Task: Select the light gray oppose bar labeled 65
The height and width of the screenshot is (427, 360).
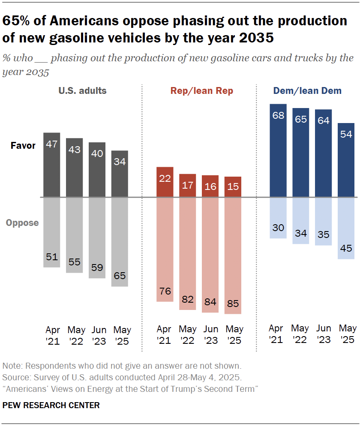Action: (x=120, y=242)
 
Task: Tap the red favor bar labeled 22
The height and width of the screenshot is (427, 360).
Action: (x=165, y=182)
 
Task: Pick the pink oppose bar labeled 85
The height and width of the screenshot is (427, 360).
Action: (x=233, y=256)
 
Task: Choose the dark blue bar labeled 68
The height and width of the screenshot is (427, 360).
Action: (x=278, y=150)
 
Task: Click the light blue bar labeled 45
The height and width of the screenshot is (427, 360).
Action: (x=346, y=228)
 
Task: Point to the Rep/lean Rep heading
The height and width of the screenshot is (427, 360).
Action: (x=202, y=91)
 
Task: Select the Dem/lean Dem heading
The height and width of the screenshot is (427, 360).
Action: (x=307, y=90)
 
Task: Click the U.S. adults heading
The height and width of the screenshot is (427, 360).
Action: (x=83, y=91)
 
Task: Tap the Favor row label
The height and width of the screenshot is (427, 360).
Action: (x=23, y=146)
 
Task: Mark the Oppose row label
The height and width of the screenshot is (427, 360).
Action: (x=22, y=223)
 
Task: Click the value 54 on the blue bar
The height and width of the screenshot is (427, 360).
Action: (x=346, y=134)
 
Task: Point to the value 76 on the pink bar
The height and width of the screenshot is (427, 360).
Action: (x=165, y=292)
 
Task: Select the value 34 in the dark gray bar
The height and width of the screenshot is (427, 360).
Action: (x=120, y=162)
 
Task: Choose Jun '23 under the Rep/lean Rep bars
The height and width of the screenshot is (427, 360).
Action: (x=210, y=336)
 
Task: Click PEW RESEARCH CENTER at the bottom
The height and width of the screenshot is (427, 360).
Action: (x=51, y=405)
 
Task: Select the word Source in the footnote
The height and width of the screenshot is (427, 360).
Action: (x=15, y=378)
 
